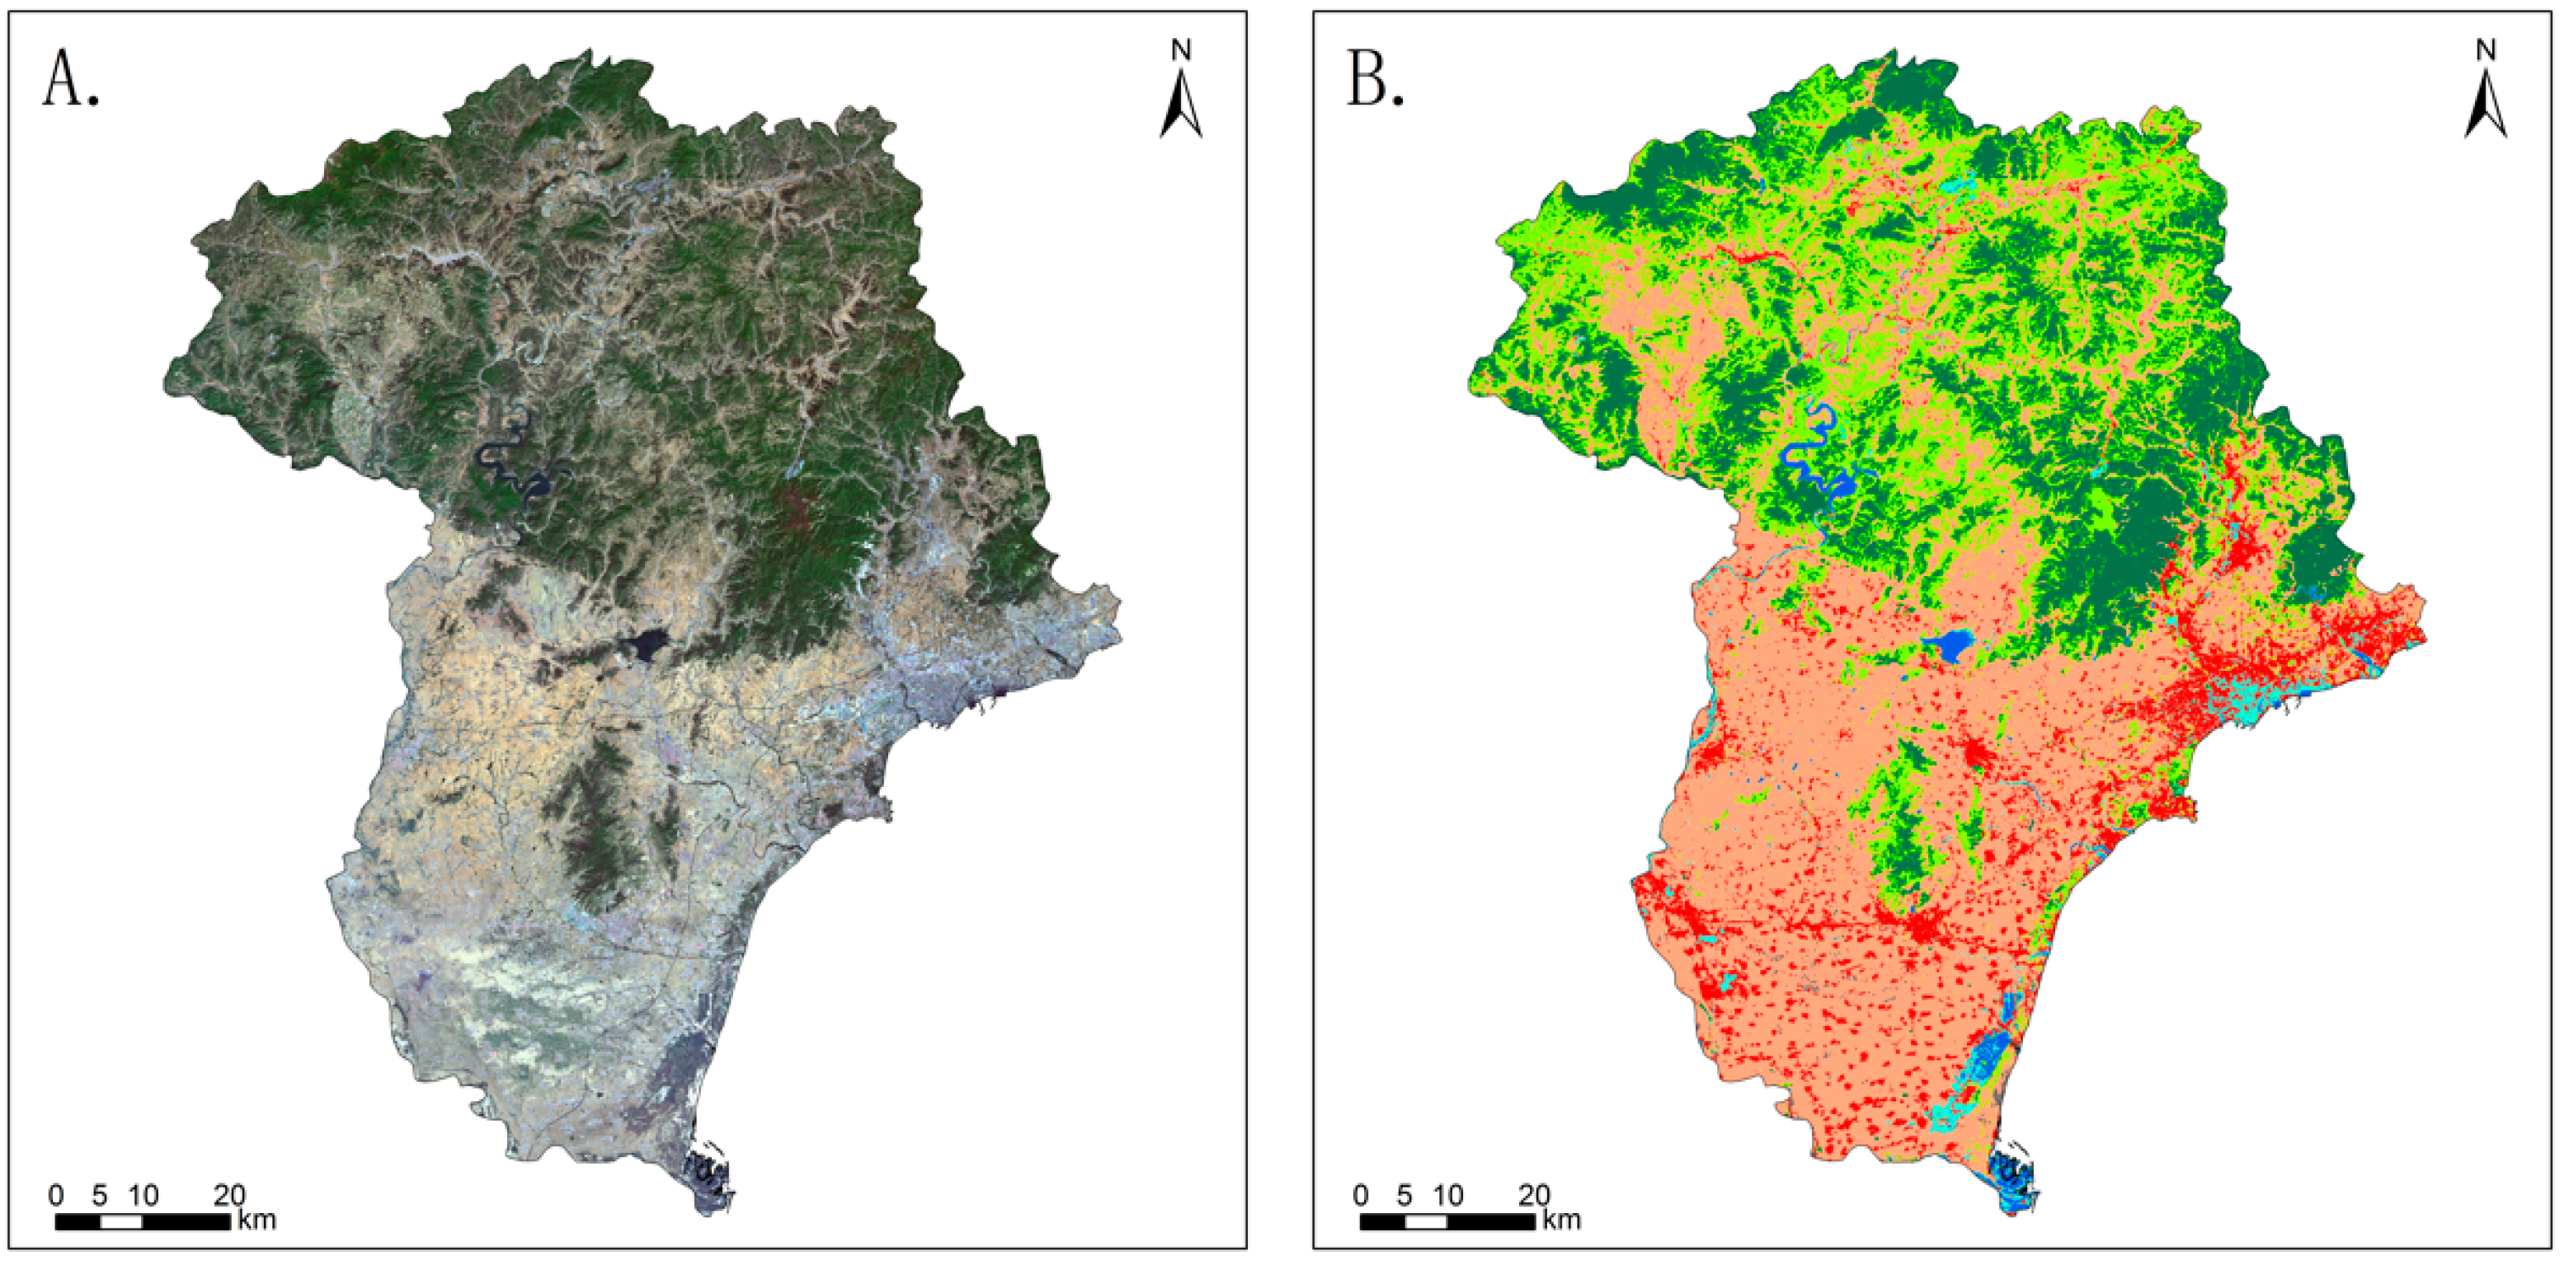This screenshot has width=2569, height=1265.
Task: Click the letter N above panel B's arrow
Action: coord(2485,49)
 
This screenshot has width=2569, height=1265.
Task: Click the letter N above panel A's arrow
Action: coord(1181,49)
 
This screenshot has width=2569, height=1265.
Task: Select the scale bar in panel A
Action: coord(143,1222)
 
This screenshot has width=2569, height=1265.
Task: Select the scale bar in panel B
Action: coord(1447,1222)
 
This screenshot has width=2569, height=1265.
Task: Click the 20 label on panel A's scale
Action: coord(229,1195)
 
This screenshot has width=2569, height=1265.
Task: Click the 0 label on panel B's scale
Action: coord(1362,1195)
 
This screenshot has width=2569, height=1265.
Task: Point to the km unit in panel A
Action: coord(257,1220)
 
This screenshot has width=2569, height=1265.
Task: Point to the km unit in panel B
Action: coord(1562,1220)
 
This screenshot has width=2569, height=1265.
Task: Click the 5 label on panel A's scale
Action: coord(100,1195)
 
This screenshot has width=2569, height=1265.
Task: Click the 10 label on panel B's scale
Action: coord(1447,1195)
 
